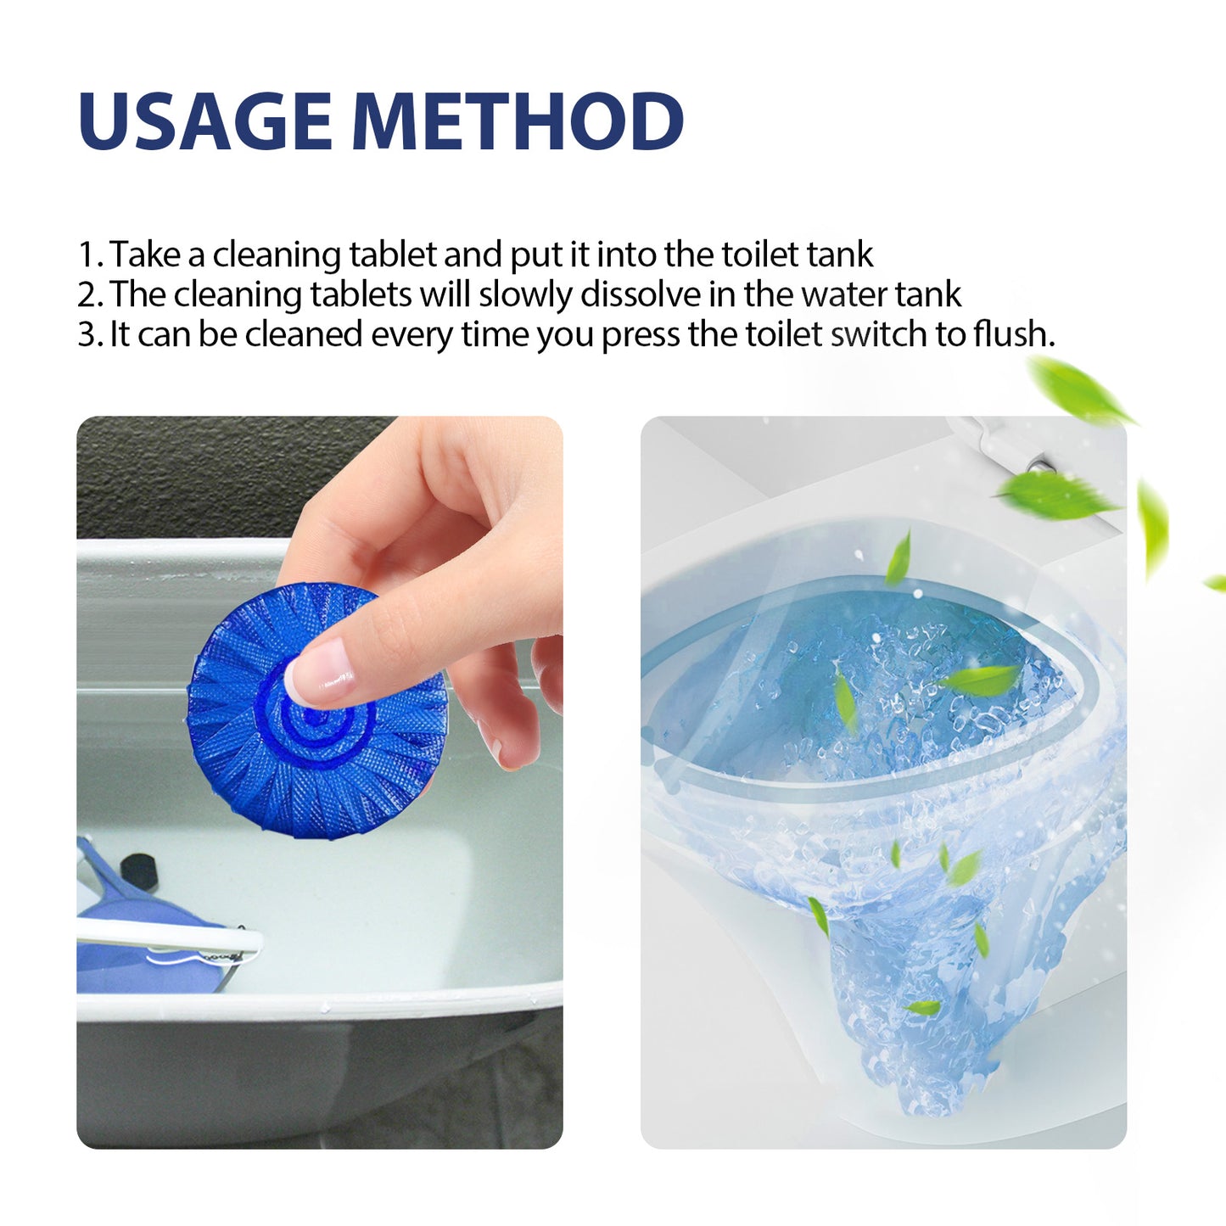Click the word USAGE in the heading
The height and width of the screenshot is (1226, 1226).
tap(204, 121)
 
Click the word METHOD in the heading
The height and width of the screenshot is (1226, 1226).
tap(518, 121)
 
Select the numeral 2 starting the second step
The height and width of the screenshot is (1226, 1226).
tap(87, 294)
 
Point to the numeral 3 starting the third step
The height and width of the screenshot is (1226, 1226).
tap(87, 334)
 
